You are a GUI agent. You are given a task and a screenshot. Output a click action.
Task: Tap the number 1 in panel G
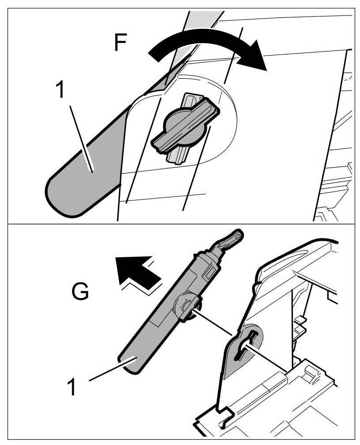tap(73, 386)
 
